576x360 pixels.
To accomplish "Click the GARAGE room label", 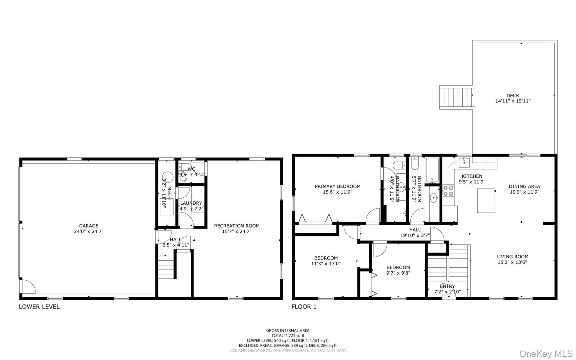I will (x=89, y=226).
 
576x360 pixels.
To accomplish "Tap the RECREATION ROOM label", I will (x=237, y=226).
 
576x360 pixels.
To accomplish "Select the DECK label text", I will (x=513, y=96).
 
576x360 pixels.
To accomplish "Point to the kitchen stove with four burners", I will (x=448, y=191).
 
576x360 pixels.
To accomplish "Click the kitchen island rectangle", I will (x=486, y=200).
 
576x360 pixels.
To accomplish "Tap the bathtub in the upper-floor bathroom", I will (x=432, y=170).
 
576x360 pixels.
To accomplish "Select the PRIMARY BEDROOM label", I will (x=337, y=186).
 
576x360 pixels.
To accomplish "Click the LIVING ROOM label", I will (x=512, y=257).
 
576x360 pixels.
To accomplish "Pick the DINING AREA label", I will (x=524, y=186).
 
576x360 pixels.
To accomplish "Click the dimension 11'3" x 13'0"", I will (x=326, y=264).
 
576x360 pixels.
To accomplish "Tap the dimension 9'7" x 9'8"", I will (x=398, y=273).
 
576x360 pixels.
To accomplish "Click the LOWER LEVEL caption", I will (x=39, y=307).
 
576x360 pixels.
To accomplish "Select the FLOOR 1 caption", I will (x=304, y=307).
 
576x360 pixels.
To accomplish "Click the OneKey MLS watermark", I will (x=546, y=354).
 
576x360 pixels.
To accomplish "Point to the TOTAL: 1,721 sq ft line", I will (x=288, y=336).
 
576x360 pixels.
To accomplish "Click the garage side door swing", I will (x=28, y=287).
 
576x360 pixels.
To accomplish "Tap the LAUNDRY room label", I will (x=191, y=203).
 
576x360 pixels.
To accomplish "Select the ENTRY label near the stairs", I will (x=447, y=287).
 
